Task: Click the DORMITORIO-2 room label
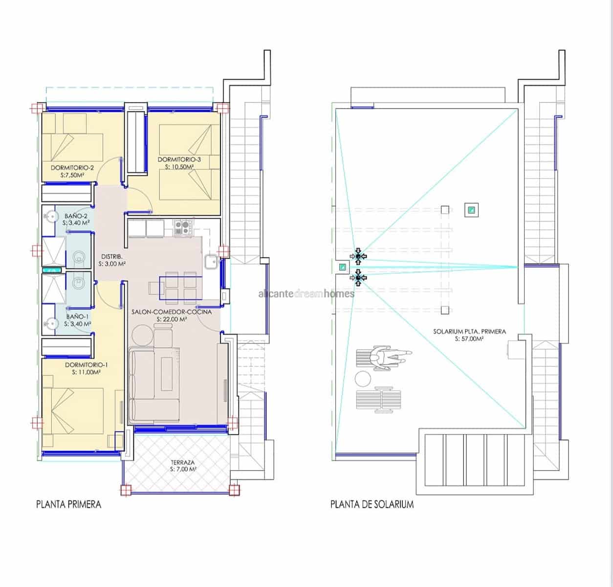tap(72, 168)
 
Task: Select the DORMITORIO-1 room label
tap(87, 365)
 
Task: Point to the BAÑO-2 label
tap(77, 216)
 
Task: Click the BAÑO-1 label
tap(77, 316)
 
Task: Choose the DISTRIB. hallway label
tap(112, 257)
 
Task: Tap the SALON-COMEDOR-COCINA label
tap(172, 312)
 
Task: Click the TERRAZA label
tap(183, 462)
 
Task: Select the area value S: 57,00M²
tap(469, 339)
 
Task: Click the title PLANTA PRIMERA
tap(68, 504)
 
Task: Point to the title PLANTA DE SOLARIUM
tap(372, 504)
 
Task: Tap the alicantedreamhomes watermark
tap(306, 293)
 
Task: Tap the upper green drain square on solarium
tap(471, 210)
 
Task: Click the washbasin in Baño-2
tap(51, 215)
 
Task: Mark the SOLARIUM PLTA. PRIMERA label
tap(469, 331)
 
